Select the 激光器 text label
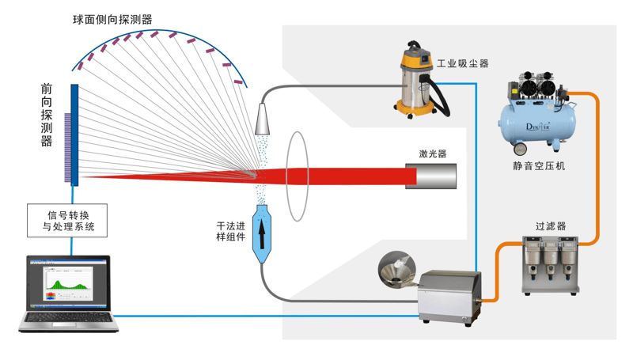point(433,153)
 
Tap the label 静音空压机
point(538,166)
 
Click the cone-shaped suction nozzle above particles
point(263,119)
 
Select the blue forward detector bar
point(74,135)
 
